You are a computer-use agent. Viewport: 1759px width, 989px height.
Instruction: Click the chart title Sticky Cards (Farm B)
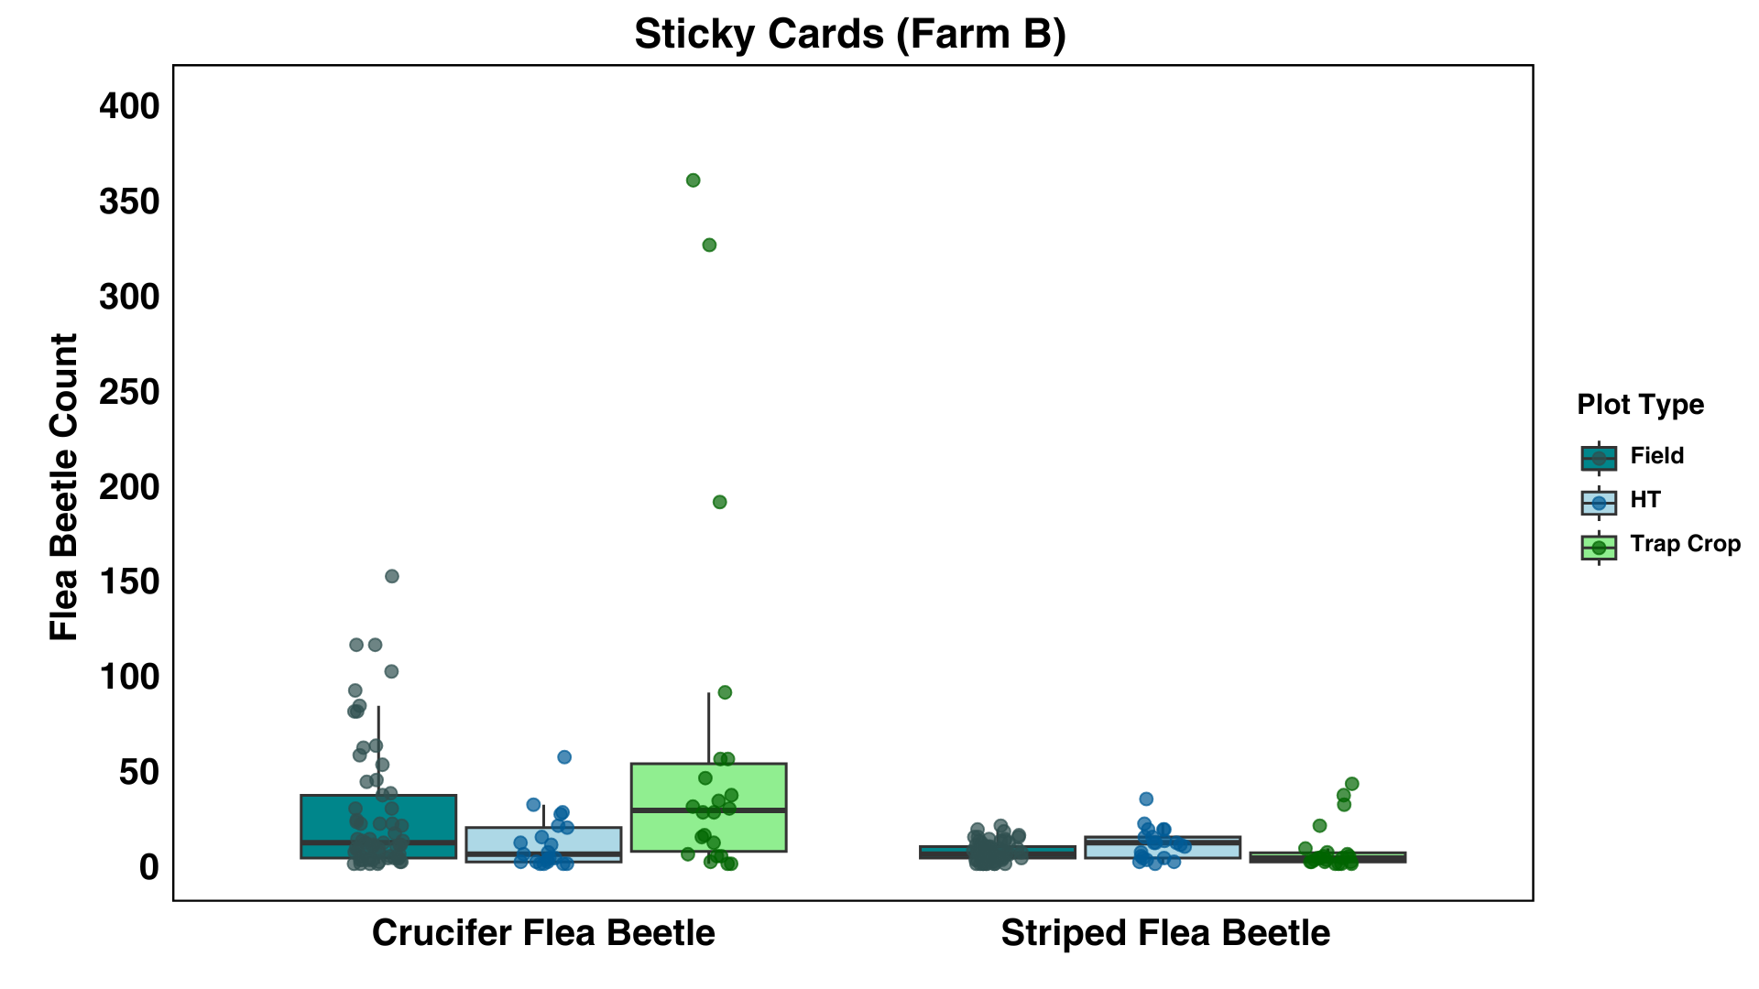(849, 35)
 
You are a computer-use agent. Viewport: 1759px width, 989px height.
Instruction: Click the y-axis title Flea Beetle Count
(64, 486)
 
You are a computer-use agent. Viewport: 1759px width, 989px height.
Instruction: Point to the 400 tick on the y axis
(129, 106)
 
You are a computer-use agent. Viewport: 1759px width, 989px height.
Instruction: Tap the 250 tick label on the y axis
(129, 392)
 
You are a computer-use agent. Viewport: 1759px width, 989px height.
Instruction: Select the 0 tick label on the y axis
(148, 866)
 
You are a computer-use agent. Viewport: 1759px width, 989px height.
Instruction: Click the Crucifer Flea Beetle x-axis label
(543, 933)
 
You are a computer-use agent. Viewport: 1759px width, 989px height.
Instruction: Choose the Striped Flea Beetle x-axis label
(1164, 933)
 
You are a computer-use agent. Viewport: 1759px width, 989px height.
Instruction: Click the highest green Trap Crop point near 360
(694, 180)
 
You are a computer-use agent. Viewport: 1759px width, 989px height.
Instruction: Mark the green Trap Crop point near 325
(709, 245)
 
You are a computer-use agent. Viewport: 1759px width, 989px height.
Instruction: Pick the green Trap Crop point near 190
(720, 502)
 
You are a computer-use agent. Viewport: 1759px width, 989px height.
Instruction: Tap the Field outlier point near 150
(392, 576)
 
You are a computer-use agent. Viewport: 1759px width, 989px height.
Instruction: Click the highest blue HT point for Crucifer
(564, 757)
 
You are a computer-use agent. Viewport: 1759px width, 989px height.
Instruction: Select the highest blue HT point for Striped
(1146, 799)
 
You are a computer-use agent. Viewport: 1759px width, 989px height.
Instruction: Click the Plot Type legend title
(1640, 405)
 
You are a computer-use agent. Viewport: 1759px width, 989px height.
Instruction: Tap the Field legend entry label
(1656, 456)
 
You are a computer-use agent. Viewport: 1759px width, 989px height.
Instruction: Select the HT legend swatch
(1599, 501)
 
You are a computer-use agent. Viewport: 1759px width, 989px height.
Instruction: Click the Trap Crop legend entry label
(1685, 544)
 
